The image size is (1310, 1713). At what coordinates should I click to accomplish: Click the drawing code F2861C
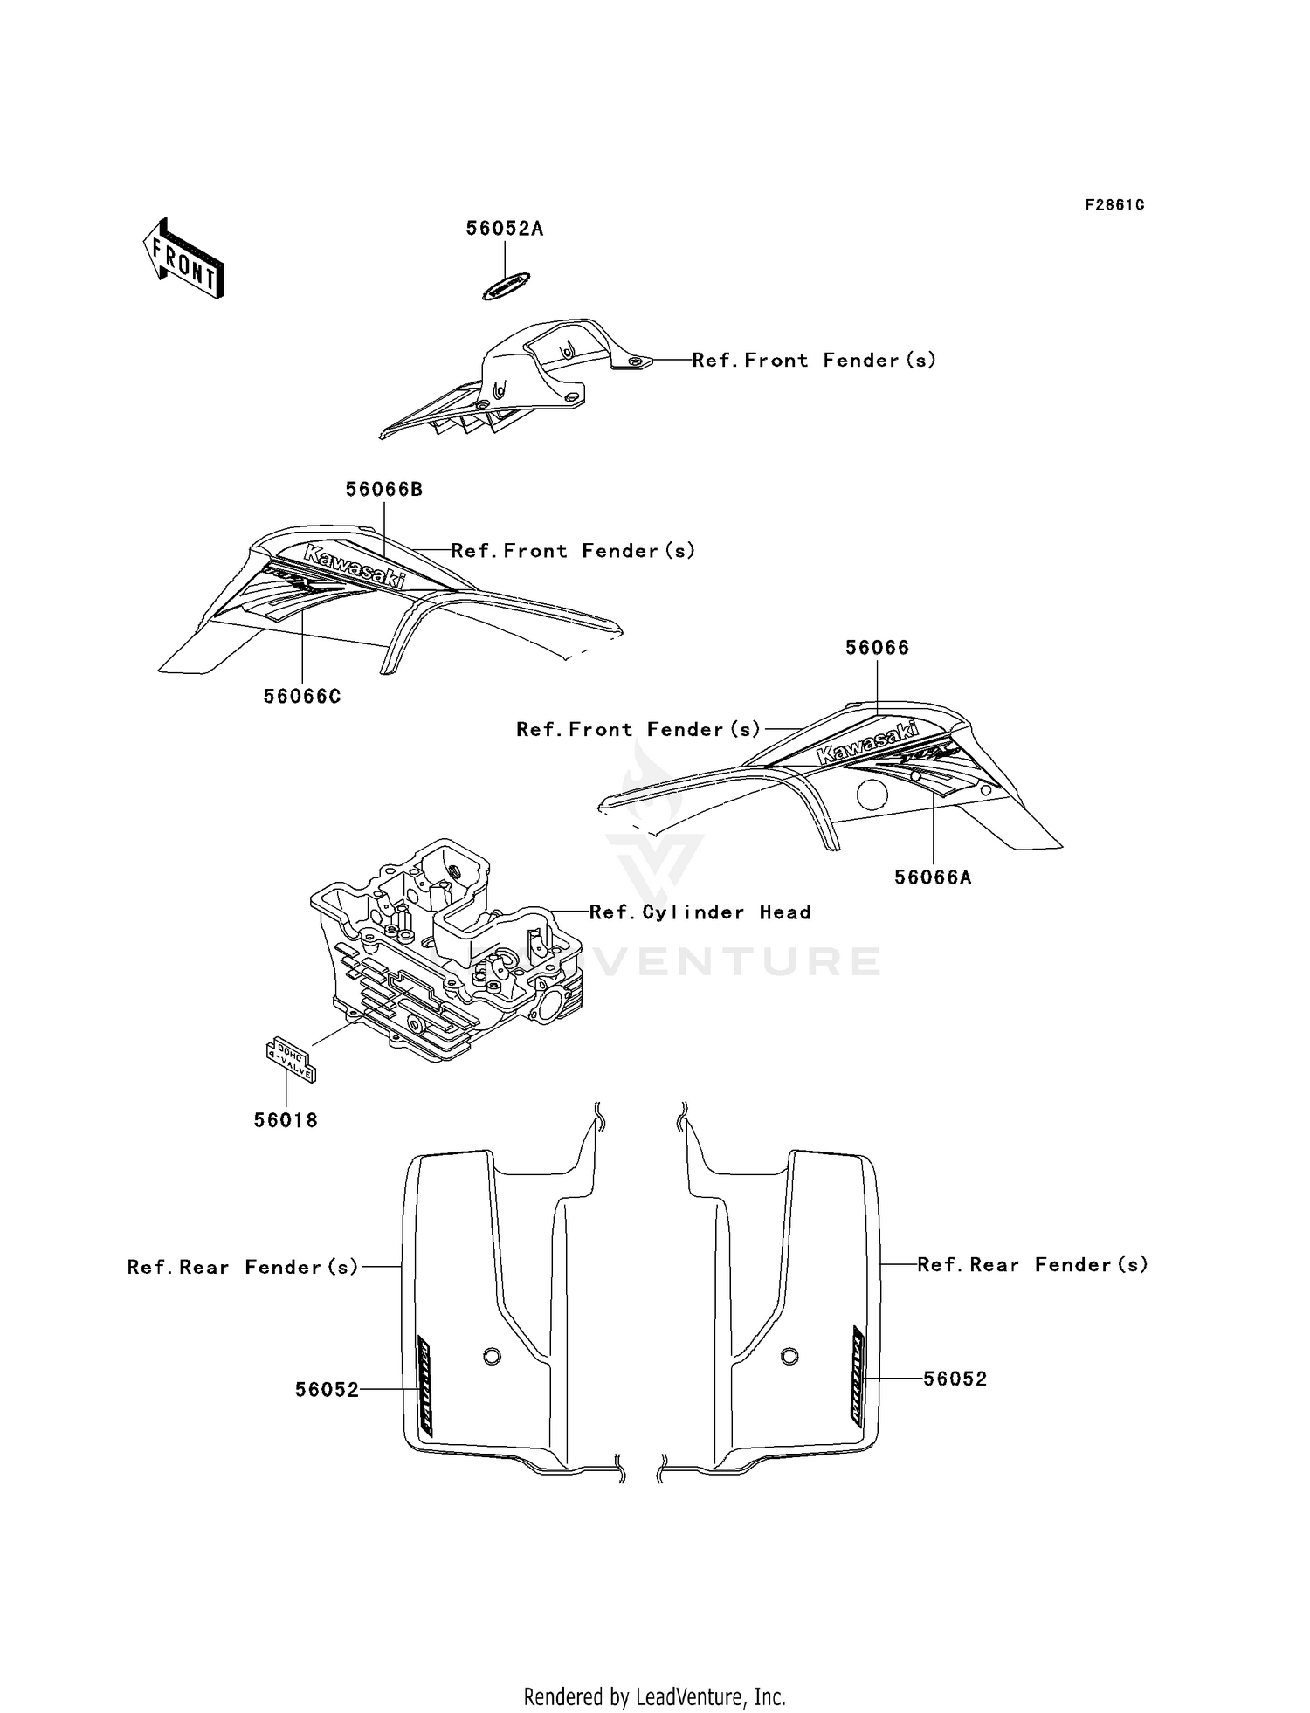point(1114,205)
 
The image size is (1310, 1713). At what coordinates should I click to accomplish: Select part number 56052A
point(504,229)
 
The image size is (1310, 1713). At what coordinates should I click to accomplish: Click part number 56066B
point(384,490)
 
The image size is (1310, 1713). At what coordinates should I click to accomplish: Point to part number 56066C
point(302,697)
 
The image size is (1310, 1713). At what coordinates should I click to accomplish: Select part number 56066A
point(933,878)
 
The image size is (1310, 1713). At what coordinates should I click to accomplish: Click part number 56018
point(286,1120)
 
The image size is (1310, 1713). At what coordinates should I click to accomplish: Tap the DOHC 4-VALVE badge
point(291,1059)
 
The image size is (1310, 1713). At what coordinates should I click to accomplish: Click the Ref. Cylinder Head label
point(700,912)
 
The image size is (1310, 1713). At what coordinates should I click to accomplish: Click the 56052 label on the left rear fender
point(327,1390)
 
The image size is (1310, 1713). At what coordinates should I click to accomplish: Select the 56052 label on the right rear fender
point(955,1379)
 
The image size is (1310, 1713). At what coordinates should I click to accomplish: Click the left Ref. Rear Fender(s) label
point(243,1267)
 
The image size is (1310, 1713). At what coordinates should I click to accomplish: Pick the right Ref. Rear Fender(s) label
point(1032,1264)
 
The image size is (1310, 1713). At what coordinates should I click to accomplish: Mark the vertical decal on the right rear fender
point(859,1379)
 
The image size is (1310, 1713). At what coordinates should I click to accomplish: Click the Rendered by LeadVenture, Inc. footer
point(654,1696)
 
